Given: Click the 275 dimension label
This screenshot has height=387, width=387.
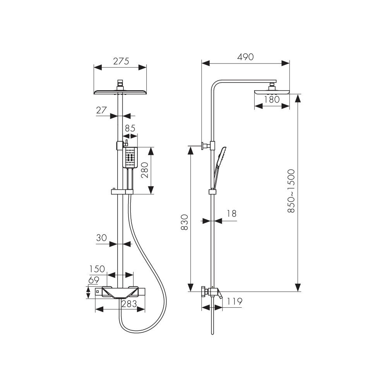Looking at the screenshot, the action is [121, 61].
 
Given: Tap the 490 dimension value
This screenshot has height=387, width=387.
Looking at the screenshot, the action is [245, 57].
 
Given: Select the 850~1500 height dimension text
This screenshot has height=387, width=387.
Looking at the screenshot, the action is [291, 191].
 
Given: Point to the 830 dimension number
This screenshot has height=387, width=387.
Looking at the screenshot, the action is [184, 222].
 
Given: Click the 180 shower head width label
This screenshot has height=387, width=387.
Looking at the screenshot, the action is [272, 99].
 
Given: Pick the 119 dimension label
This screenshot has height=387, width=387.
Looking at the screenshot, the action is [235, 301].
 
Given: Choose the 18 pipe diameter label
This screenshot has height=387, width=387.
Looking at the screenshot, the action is [231, 213].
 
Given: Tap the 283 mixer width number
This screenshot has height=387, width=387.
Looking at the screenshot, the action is [129, 303].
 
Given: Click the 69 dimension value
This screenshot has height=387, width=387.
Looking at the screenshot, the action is [94, 280].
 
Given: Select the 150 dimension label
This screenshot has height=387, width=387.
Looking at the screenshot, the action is [97, 269].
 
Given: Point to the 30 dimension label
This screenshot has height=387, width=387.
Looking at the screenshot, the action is [101, 238].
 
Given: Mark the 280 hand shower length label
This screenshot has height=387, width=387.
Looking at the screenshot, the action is [144, 170].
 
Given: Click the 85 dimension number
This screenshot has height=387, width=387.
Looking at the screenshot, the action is [130, 128].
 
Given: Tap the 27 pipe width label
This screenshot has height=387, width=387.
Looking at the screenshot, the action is [101, 110].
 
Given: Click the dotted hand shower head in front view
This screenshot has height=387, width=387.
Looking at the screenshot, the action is [130, 158].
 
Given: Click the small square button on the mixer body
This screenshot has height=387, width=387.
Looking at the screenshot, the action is [97, 292].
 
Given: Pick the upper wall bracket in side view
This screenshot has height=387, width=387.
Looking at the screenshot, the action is [206, 146].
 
